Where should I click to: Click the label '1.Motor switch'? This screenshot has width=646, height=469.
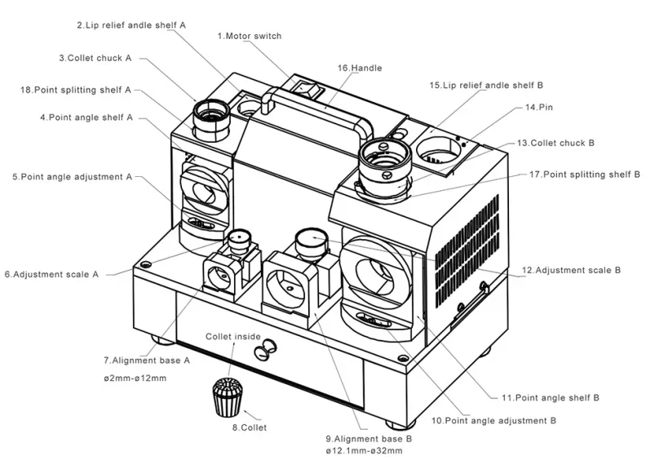[x=250, y=36]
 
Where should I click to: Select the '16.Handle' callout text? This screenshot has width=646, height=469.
[x=359, y=68]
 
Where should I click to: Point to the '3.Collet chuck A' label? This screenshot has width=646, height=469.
[x=95, y=58]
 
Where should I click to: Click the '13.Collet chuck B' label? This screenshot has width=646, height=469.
[x=555, y=143]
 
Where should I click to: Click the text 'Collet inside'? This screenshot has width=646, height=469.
[x=233, y=336]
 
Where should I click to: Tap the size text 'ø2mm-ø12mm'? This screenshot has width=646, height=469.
[x=136, y=378]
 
